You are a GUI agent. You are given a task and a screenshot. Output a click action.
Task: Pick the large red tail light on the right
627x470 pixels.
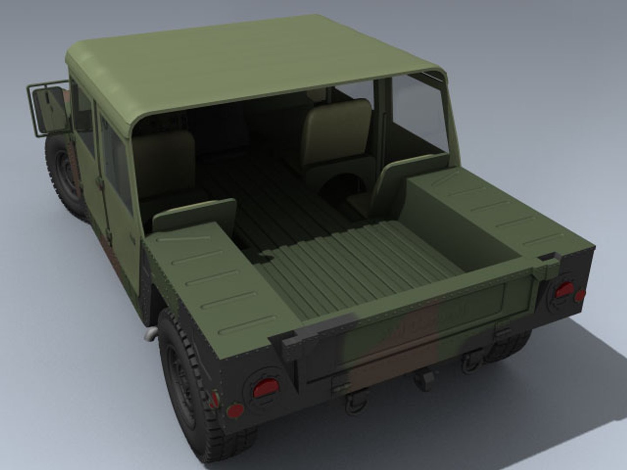click(565, 289)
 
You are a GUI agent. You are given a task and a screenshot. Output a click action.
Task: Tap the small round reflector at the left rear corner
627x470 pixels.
click(236, 410)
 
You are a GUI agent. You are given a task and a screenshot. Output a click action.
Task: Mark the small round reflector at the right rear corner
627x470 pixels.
click(580, 296)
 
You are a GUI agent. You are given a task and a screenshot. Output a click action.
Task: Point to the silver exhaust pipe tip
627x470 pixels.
click(151, 333)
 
